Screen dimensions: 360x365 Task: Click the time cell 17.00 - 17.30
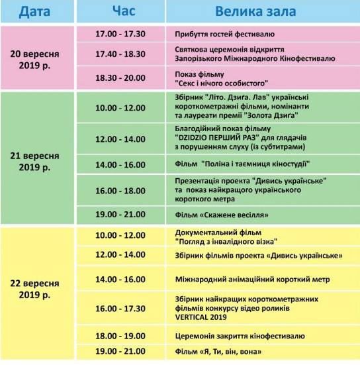click(121, 34)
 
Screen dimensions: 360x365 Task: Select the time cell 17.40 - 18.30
click(121, 54)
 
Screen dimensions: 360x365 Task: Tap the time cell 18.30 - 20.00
click(121, 78)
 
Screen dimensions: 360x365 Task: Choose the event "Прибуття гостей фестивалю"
click(224, 34)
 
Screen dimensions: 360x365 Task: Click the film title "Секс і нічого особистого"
click(221, 83)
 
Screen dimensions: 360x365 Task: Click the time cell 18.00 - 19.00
click(121, 336)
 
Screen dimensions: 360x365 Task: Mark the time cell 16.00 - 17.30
click(121, 308)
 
